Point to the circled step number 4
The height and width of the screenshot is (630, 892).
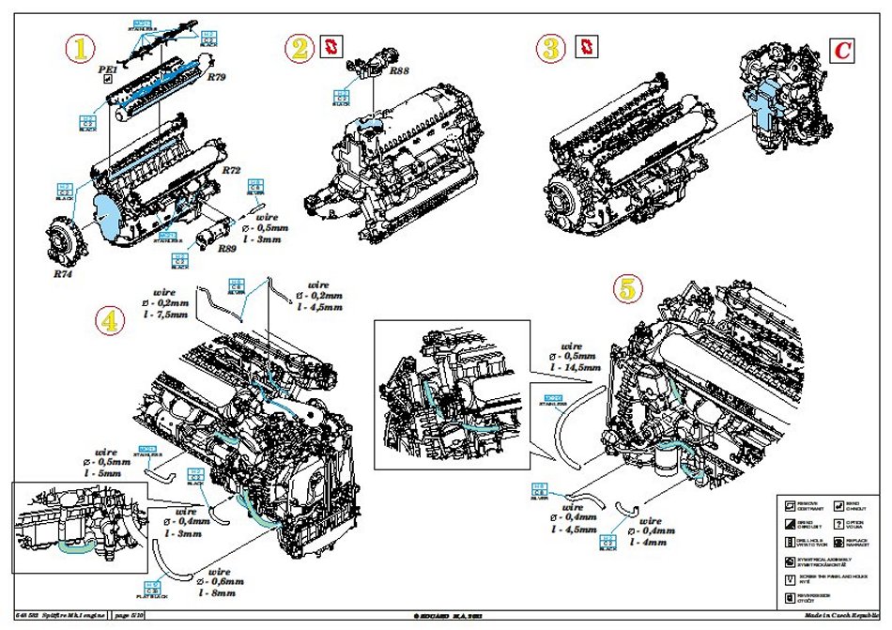(x=111, y=321)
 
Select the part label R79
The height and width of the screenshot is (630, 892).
(x=218, y=77)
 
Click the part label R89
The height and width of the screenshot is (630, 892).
(x=226, y=249)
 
